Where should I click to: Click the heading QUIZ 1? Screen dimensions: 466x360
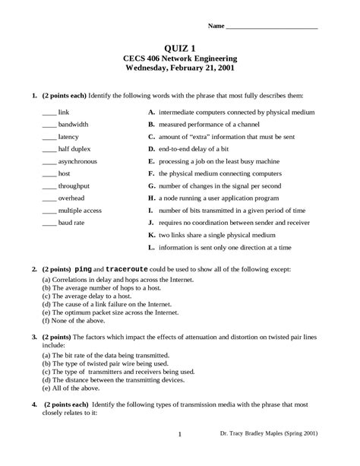tap(180, 47)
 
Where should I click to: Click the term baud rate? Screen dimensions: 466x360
tap(71, 223)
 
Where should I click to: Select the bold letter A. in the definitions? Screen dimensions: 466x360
tap(152, 112)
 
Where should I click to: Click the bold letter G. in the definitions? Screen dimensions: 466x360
tap(152, 185)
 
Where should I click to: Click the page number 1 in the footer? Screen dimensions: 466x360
tap(179, 456)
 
